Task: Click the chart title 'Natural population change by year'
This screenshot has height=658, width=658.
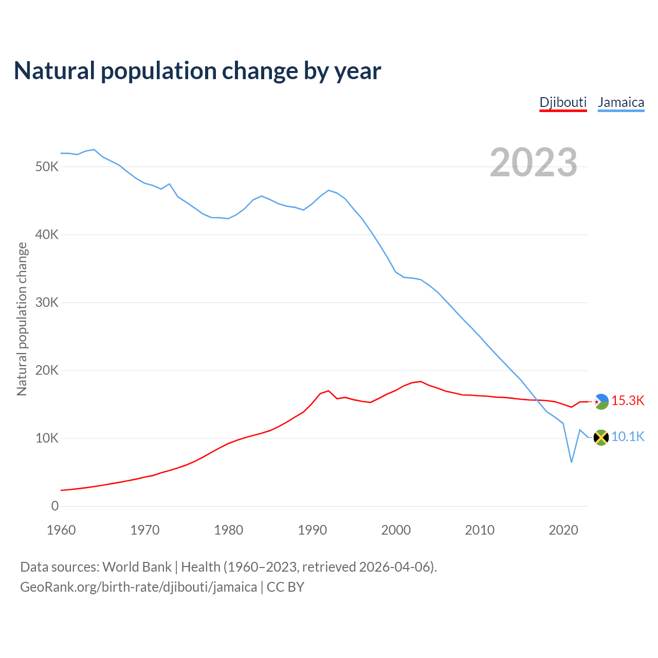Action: coord(197,71)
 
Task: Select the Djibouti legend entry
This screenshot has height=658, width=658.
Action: coord(563,102)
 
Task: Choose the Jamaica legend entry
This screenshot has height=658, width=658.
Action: coord(621,102)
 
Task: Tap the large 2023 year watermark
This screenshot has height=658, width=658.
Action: coord(533,162)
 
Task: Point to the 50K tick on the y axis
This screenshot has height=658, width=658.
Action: coord(47,167)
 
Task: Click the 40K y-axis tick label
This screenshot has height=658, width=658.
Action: coord(47,235)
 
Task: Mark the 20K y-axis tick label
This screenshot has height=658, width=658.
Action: coord(47,371)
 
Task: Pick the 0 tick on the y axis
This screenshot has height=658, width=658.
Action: coord(55,506)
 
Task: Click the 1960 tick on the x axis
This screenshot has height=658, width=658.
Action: coord(61,530)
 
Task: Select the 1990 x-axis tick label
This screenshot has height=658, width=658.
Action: coord(313,530)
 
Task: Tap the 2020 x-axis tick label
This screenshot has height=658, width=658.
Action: coord(563,530)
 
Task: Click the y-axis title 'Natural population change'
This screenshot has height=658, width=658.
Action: coord(22,319)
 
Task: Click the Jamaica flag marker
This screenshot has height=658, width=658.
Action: coord(601,437)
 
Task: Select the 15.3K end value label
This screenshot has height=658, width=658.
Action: coord(628,401)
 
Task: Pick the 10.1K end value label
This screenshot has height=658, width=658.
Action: coord(628,437)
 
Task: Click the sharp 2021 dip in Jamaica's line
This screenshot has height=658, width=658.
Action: coord(571,462)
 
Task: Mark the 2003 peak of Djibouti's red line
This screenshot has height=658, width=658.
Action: coord(421,381)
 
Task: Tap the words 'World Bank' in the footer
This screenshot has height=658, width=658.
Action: coord(137,567)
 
